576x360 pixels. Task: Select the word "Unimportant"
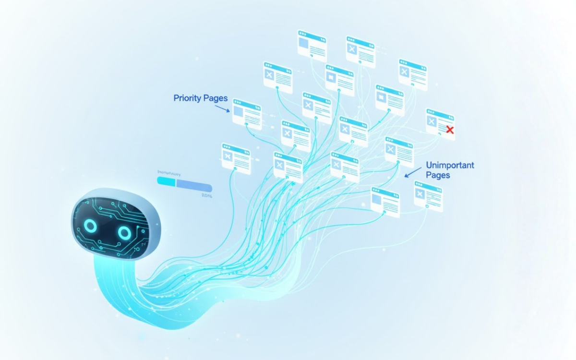click(450, 165)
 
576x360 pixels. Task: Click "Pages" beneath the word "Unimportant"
click(438, 175)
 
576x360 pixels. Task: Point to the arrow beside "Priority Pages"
click(222, 109)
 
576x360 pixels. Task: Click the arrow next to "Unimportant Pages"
click(411, 172)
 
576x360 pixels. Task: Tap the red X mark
click(450, 129)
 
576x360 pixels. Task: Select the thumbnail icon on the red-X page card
click(432, 121)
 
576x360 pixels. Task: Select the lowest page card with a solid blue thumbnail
click(385, 202)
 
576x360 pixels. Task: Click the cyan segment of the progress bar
click(167, 181)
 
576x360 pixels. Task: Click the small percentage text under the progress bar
click(207, 195)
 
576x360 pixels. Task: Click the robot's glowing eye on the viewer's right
click(124, 233)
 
